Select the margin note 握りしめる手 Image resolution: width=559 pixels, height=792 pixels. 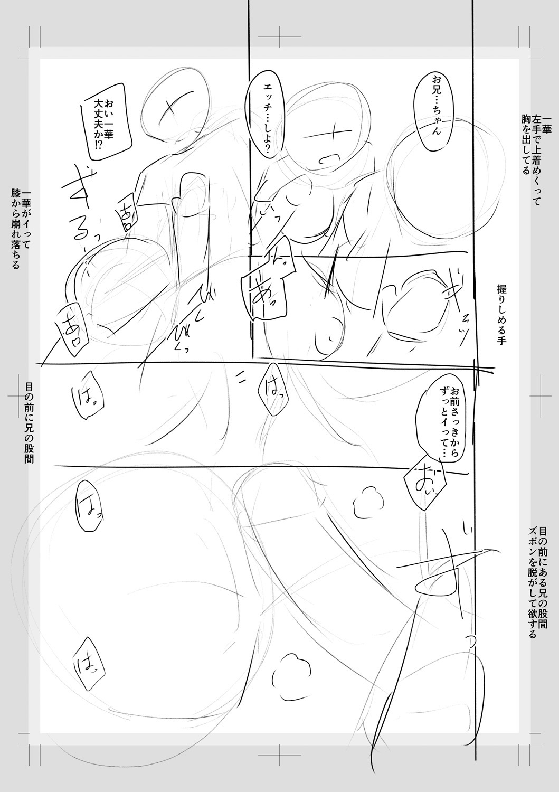pyautogui.click(x=501, y=315)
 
